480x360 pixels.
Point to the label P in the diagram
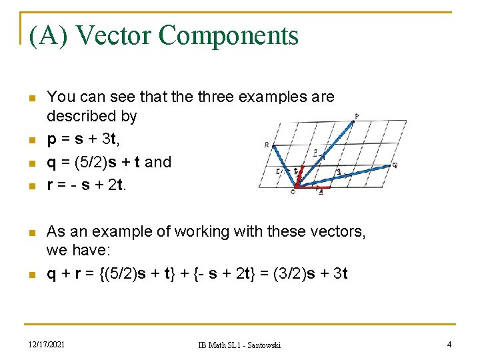[357, 116]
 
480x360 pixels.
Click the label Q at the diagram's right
[395, 165]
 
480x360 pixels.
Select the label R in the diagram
[267, 145]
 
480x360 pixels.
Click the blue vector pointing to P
[325, 152]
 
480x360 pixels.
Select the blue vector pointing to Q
[343, 176]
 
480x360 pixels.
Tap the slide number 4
[449, 344]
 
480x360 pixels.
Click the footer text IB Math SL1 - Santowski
[239, 345]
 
